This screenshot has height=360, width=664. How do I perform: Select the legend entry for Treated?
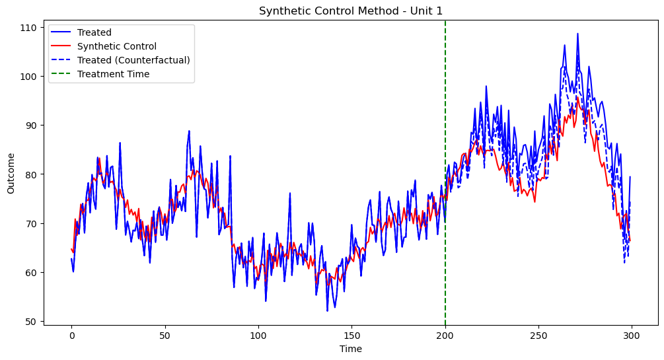click(x=94, y=32)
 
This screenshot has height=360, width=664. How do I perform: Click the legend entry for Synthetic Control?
click(x=117, y=46)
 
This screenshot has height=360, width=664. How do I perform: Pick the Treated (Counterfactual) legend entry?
click(x=133, y=60)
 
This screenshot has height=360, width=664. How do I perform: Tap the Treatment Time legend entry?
click(x=113, y=74)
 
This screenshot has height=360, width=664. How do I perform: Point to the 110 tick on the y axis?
click(x=29, y=28)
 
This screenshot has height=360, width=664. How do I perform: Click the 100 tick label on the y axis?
click(x=29, y=77)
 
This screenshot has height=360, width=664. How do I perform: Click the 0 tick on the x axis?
click(x=71, y=336)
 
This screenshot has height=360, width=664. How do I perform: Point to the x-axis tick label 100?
click(x=258, y=336)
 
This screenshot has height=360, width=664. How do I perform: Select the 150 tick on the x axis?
click(x=351, y=336)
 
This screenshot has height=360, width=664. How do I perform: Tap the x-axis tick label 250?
click(x=538, y=336)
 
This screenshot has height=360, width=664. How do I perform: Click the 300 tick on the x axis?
click(x=632, y=336)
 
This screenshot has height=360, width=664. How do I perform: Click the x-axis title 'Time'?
click(x=351, y=349)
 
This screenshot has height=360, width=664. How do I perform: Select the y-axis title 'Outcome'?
click(x=11, y=174)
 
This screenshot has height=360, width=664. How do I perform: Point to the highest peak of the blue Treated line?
click(x=577, y=34)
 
